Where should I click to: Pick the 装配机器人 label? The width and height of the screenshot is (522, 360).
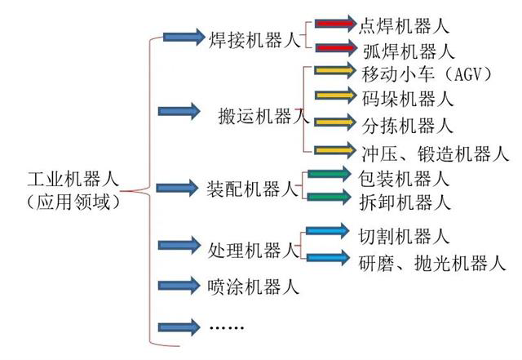[x=253, y=188]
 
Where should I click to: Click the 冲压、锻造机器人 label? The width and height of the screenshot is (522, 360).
[x=434, y=151]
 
